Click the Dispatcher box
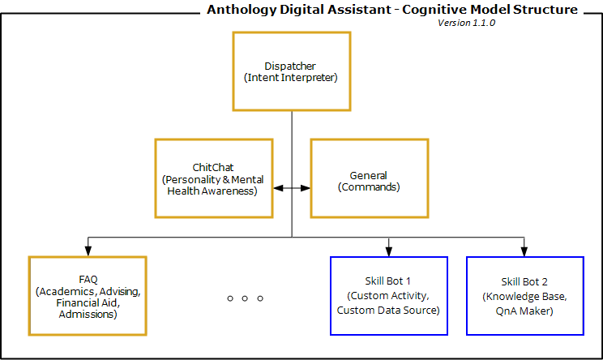(x=291, y=71)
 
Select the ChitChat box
(x=213, y=178)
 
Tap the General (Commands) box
(x=369, y=178)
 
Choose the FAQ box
(x=88, y=296)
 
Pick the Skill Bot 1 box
(x=388, y=296)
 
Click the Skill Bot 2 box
(x=524, y=296)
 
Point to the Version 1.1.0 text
(x=466, y=23)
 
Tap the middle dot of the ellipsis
(x=245, y=298)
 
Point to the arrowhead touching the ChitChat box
(x=277, y=188)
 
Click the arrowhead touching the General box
(x=306, y=188)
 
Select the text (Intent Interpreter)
(x=291, y=78)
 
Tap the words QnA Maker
(x=524, y=310)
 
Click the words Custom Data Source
(x=388, y=310)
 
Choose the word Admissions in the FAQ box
(x=88, y=314)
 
